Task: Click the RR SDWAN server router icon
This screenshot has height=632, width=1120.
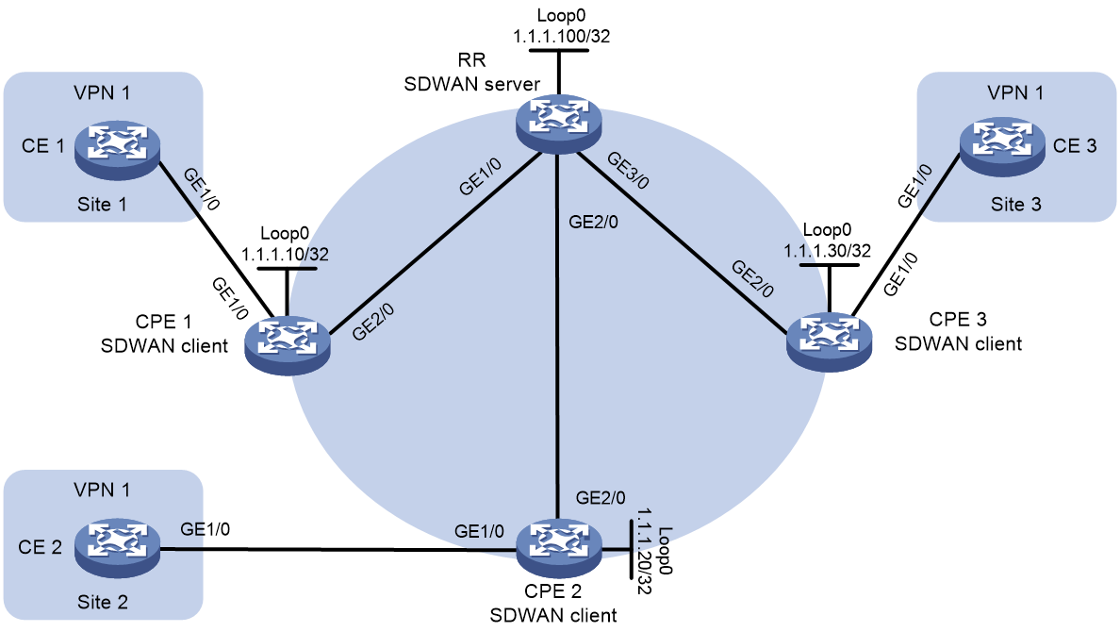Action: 558,125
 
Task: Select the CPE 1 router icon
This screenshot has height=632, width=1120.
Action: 288,344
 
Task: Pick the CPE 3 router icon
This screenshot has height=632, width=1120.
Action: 830,341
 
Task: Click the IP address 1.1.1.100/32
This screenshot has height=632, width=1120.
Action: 562,37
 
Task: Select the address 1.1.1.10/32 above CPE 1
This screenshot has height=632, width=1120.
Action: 285,254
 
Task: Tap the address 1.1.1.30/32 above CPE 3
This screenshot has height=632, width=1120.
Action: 827,251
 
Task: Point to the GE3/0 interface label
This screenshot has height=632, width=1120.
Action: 627,171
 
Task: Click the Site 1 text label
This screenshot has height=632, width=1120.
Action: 102,205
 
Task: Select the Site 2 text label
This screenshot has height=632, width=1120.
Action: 102,602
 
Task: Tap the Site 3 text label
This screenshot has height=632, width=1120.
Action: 1015,205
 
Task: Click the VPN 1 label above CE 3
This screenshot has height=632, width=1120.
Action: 1015,92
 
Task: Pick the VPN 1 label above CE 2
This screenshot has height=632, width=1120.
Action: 102,490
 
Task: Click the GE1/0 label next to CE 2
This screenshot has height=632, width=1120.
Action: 205,529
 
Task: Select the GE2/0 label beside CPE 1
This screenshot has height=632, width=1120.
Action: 372,322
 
